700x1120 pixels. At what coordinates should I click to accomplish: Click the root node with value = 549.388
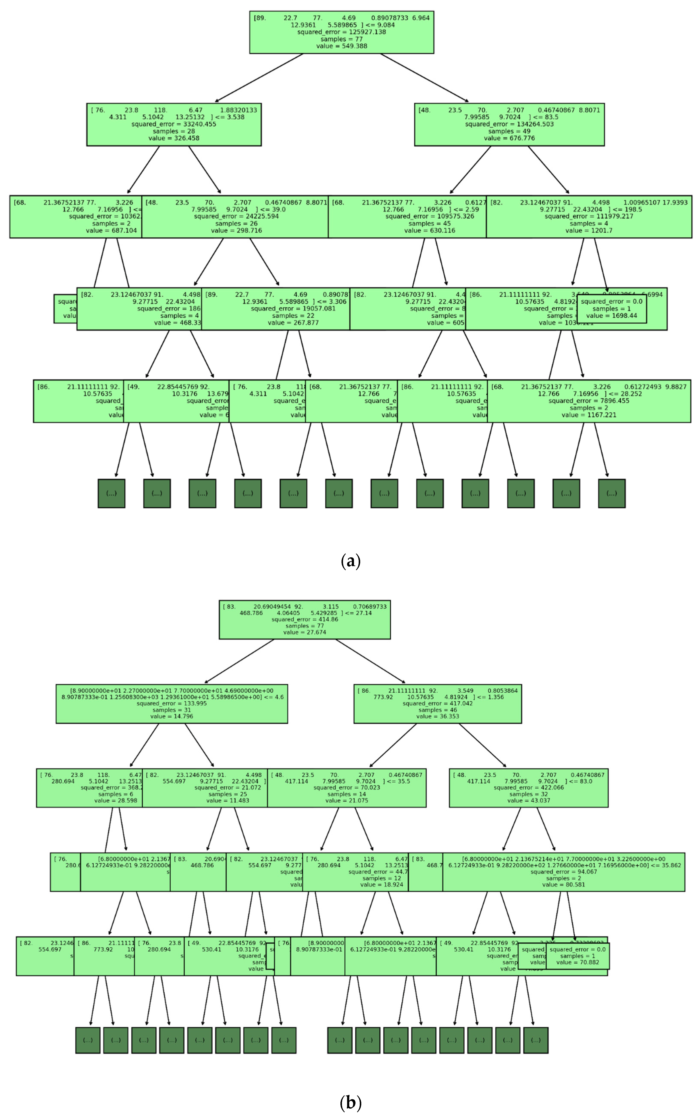342,32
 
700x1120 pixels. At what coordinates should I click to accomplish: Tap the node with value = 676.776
509,125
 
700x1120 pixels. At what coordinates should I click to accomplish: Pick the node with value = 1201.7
589,216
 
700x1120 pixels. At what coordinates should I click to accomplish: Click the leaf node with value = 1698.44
612,309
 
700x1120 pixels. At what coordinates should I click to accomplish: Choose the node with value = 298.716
235,216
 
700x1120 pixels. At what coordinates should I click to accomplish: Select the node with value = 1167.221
589,401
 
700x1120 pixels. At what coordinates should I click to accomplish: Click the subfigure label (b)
350,1103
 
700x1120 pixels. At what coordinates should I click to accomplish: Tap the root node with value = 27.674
305,619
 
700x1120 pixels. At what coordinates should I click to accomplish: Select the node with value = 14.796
172,704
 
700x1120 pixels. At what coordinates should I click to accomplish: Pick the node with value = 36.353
438,704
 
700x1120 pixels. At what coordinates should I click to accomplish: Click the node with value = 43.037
529,788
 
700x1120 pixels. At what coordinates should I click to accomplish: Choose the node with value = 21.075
347,788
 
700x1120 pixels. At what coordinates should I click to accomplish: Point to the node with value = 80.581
563,872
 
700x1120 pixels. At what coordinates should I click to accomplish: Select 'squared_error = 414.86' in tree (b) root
305,619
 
